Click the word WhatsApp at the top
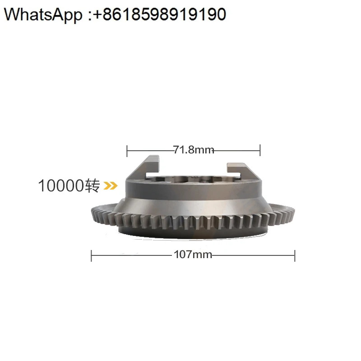point(43,14)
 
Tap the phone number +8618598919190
point(160,14)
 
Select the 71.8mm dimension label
point(194,150)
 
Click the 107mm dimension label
point(193,255)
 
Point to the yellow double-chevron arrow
point(111,185)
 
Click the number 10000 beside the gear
point(61,185)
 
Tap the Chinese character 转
point(93,186)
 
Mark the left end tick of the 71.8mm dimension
point(127,151)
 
